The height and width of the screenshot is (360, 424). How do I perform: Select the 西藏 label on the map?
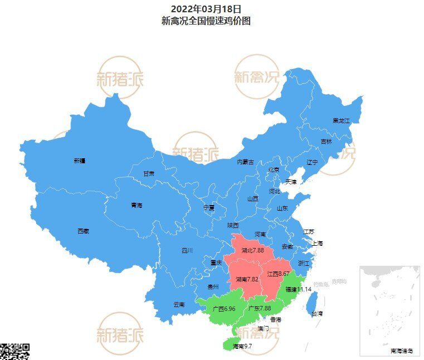coord(82,231)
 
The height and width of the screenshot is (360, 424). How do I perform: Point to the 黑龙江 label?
coord(341,120)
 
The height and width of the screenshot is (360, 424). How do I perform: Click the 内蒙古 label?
coord(245,162)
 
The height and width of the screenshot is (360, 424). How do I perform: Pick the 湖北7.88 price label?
coord(252,251)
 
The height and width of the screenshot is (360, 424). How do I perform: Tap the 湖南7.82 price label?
coord(247,279)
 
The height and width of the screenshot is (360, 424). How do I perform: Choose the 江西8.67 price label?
coord(278,274)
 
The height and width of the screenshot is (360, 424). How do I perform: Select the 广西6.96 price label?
coord(225,308)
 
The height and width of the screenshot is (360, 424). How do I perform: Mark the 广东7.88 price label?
coord(259,308)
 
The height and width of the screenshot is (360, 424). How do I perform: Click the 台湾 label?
coord(316,314)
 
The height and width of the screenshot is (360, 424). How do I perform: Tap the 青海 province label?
coord(137,205)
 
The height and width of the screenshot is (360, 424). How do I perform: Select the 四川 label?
coord(187,251)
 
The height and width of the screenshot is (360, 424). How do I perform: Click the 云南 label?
coord(178,304)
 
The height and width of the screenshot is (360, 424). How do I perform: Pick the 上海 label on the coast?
coord(318,244)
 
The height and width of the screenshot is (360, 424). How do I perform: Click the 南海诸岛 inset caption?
coord(402,351)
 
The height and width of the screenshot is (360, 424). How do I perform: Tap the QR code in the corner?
coord(14,352)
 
